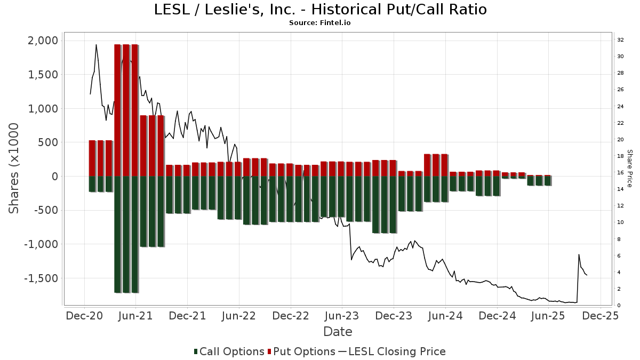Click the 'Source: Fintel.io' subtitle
[x=320, y=23]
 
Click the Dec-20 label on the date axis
[x=84, y=316]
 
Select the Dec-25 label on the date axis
[x=600, y=316]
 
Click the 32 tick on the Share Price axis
[x=620, y=40]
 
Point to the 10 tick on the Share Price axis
[x=620, y=222]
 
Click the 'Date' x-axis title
[x=338, y=332]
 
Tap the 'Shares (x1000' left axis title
[x=14, y=168]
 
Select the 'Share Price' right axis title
[x=630, y=168]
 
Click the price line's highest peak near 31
[x=96, y=45]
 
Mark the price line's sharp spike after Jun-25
[x=579, y=254]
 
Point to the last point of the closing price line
[x=587, y=275]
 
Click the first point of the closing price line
[x=90, y=94]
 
